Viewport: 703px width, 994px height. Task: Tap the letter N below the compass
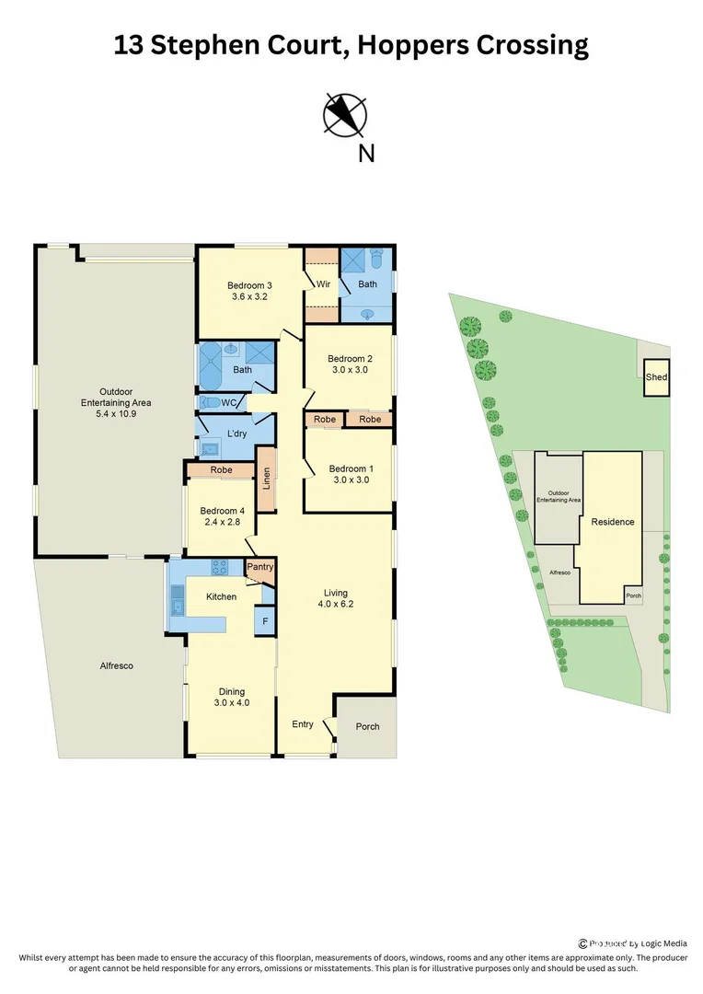[366, 154]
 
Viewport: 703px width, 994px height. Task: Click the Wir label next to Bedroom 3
[323, 284]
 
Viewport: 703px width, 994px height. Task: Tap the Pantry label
[260, 567]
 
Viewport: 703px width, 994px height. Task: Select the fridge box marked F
[264, 621]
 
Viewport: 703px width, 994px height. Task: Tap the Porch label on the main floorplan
[367, 726]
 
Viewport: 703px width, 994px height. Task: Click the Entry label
[303, 724]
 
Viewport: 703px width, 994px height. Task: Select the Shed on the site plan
[656, 377]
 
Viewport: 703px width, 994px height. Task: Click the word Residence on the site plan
[612, 522]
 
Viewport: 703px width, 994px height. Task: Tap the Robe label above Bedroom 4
[221, 470]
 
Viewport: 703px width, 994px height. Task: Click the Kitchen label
[221, 596]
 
